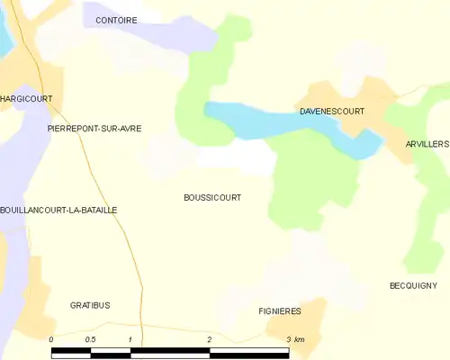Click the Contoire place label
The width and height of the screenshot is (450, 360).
[x=116, y=19]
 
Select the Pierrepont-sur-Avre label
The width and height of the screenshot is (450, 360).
[x=94, y=129]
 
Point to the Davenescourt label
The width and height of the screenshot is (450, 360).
[x=331, y=112]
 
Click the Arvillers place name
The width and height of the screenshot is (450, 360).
[x=427, y=144]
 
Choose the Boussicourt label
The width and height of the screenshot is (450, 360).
[x=212, y=197]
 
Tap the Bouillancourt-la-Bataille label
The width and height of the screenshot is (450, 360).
[x=58, y=210]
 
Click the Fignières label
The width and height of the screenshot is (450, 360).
[x=279, y=311]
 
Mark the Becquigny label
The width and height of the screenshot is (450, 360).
[x=413, y=285]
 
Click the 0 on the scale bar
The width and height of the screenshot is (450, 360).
[x=52, y=338]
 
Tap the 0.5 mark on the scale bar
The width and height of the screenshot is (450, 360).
[x=90, y=338]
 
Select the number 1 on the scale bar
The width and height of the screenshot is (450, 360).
[x=130, y=338]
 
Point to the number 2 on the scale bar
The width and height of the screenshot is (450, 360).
[x=209, y=338]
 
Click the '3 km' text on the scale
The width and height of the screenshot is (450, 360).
[x=295, y=338]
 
